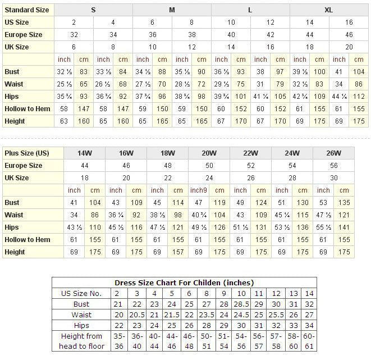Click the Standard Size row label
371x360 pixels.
27,10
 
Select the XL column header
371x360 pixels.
329,10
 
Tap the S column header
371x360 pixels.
93,10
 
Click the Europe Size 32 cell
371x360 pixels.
74,35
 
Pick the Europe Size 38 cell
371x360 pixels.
191,35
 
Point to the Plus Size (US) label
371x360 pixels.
27,153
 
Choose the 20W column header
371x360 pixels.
209,153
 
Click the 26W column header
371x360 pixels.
333,153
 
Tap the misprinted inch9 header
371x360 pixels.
199,190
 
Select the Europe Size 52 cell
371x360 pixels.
250,166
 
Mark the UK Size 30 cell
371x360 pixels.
333,178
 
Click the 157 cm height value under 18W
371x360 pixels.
178,252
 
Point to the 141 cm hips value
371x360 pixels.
343,227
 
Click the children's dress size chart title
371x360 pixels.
184,282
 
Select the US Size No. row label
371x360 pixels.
81,293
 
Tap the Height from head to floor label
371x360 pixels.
81,341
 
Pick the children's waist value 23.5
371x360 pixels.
207,315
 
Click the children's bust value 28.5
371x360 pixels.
241,304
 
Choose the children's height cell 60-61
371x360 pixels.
309,341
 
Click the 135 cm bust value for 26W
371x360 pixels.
343,203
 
